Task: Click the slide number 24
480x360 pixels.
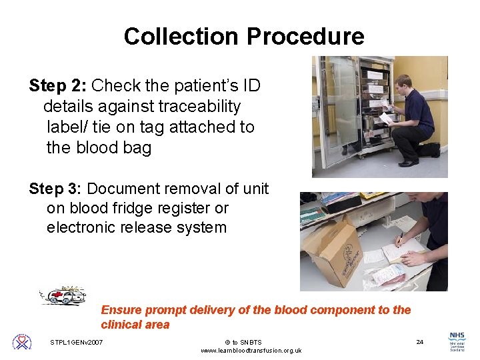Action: [419, 342]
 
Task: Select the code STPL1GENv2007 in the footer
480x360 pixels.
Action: [77, 343]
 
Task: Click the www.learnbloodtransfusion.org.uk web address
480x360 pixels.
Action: [251, 351]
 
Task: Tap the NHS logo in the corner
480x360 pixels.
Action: [457, 341]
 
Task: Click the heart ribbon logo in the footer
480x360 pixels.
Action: [22, 342]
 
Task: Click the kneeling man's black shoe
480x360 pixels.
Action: [408, 162]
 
